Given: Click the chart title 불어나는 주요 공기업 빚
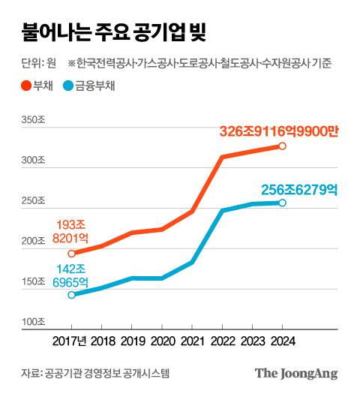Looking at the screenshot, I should click(x=109, y=33).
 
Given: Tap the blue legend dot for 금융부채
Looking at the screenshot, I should click(x=69, y=86).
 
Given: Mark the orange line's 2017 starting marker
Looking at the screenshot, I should click(x=72, y=254).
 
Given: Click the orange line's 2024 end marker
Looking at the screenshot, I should click(x=283, y=146).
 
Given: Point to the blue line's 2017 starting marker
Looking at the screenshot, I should click(x=72, y=295).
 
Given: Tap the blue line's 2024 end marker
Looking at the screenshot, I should click(x=283, y=203).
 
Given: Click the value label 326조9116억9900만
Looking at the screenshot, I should click(x=278, y=131).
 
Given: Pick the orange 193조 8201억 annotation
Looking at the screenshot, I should click(x=71, y=230).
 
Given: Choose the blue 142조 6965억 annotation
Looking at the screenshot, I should click(x=71, y=275).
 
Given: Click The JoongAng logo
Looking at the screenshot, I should click(x=295, y=373).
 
